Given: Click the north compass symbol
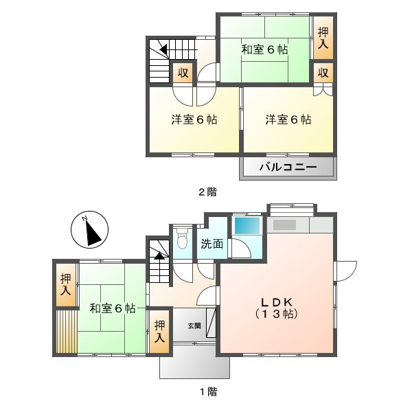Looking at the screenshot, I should (x=90, y=231).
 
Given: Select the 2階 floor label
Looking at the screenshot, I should (x=207, y=192).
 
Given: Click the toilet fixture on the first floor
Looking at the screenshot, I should (x=182, y=240).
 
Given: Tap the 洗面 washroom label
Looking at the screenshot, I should (x=211, y=243).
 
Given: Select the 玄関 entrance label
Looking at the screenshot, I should (x=195, y=326).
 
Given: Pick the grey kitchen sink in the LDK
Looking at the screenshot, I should (x=285, y=225).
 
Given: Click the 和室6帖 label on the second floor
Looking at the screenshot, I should (x=264, y=49).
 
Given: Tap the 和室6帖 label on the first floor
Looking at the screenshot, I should (x=112, y=308).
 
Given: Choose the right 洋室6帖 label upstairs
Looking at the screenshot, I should (x=288, y=119).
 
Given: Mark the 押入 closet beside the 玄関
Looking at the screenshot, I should (x=159, y=332).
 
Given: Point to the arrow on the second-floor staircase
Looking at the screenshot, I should (x=163, y=49).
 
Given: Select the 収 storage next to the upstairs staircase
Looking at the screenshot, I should (x=183, y=73).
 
